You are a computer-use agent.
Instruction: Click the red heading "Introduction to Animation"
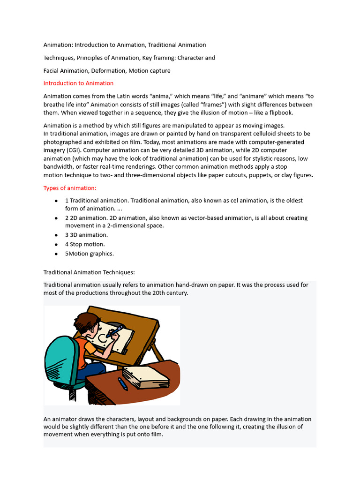[78, 83]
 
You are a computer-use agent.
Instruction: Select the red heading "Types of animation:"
[70, 188]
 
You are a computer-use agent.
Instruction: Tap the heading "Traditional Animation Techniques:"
[89, 272]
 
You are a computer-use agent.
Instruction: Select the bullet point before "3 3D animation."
[56, 235]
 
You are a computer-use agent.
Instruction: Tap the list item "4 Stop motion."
[85, 244]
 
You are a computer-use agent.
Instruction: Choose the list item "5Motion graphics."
[89, 254]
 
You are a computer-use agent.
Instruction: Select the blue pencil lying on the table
[122, 384]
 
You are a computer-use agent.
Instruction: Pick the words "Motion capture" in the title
[150, 71]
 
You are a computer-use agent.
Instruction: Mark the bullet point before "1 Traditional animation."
[56, 201]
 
